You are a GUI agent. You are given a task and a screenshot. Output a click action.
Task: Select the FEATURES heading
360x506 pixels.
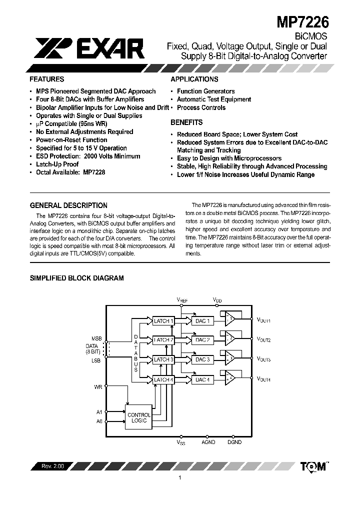(46, 79)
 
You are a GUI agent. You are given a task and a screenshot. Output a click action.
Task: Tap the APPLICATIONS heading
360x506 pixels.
(194, 79)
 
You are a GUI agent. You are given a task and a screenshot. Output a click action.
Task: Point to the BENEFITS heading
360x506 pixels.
(186, 122)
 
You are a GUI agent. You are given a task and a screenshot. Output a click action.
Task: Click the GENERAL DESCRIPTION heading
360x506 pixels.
(68, 205)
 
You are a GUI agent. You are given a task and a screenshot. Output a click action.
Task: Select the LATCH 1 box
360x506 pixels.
(163, 321)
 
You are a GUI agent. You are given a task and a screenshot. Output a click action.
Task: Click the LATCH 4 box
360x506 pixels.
(163, 379)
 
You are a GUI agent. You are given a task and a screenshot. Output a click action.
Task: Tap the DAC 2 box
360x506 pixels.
(202, 340)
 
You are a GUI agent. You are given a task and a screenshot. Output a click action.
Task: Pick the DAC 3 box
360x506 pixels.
(202, 359)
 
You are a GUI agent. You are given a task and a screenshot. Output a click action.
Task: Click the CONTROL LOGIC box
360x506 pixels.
(139, 418)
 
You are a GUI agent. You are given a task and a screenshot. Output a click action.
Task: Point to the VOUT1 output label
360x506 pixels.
(263, 320)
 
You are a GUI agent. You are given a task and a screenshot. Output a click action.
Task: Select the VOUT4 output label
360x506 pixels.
(263, 379)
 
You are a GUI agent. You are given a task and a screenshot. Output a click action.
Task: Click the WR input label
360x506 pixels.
(98, 386)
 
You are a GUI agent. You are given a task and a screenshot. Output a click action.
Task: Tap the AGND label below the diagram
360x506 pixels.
(208, 442)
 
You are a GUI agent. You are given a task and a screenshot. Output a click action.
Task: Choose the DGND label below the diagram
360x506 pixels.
(234, 442)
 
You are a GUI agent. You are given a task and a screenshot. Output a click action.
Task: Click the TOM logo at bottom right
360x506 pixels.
(313, 466)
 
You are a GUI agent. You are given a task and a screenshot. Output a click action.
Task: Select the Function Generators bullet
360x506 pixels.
(205, 91)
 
